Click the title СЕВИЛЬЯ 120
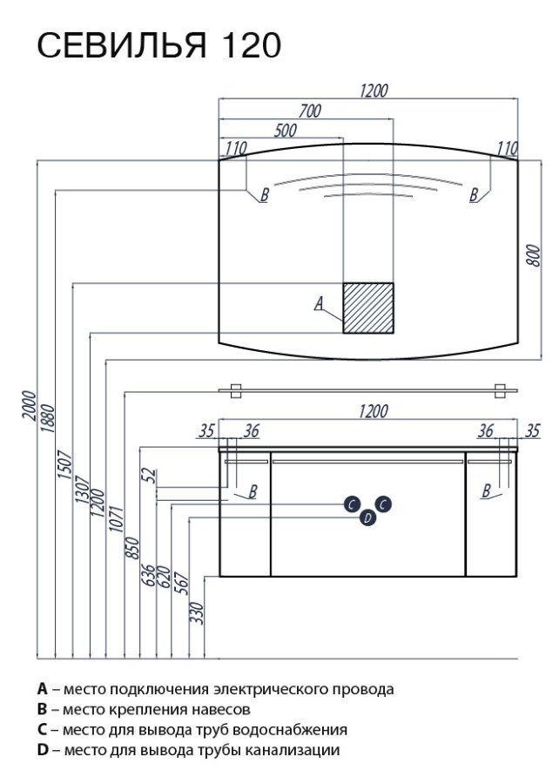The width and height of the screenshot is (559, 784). pos(158,46)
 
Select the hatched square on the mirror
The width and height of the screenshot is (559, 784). pos(368,307)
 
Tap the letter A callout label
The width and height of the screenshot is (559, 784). pos(319,303)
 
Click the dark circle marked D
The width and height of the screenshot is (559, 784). pos(367,518)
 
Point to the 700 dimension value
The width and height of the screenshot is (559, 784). pos(311,111)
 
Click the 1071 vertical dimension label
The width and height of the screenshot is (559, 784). pos(117,524)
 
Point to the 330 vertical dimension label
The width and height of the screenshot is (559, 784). pos(196,612)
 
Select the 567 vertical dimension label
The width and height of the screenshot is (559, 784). pos(180,581)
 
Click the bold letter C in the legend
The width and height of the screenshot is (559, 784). pos(42,729)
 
